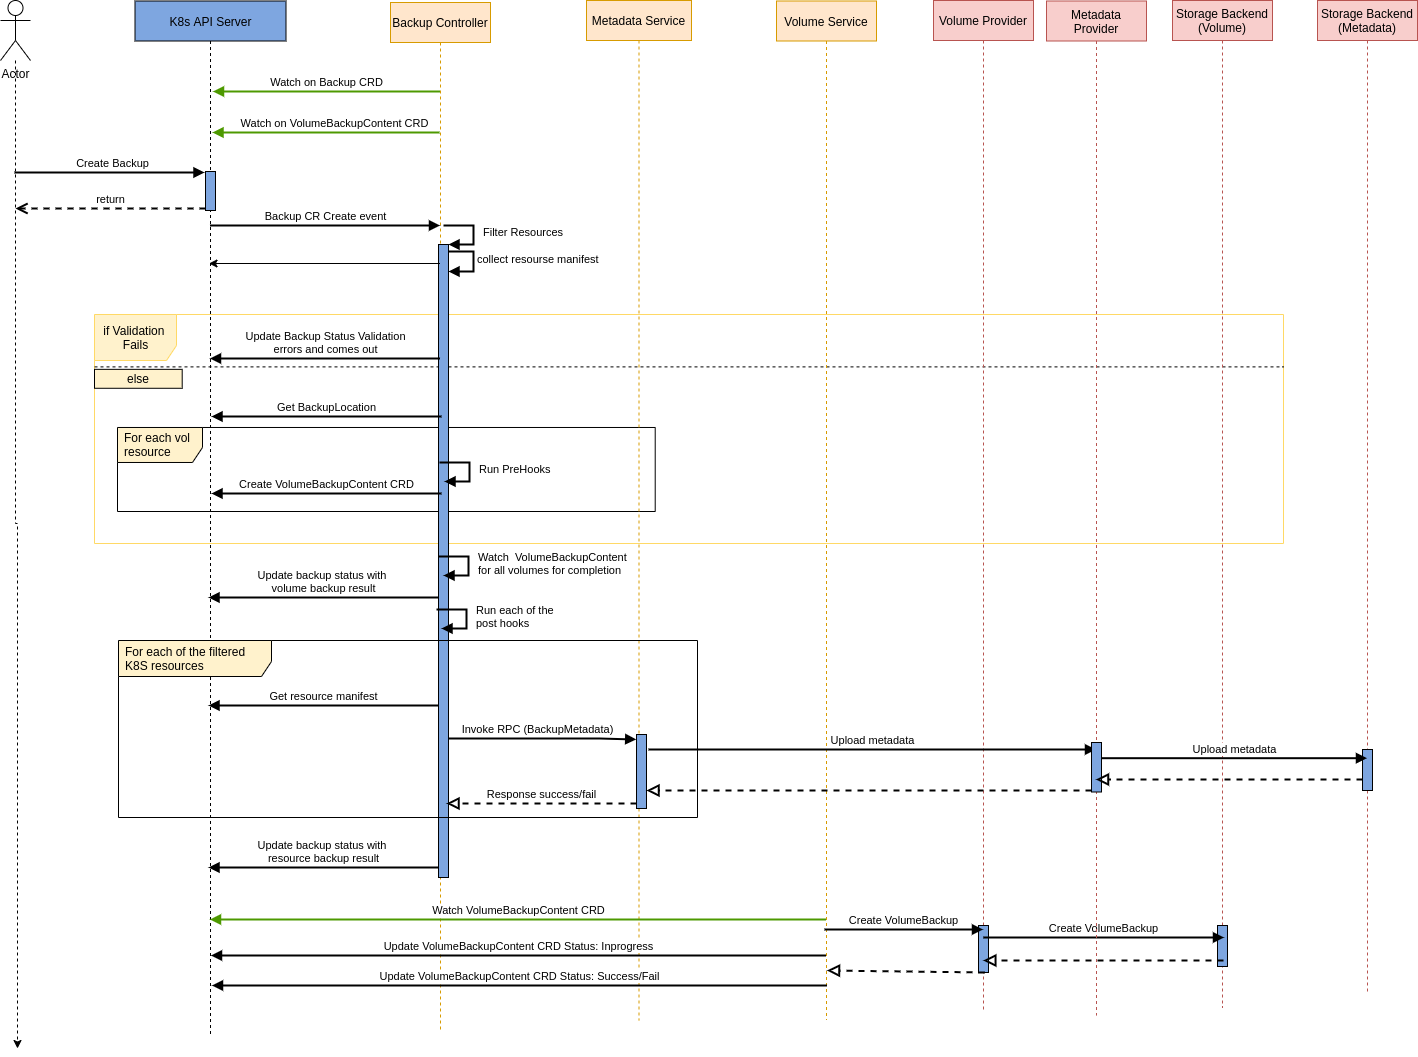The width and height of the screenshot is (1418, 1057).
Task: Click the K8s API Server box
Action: coord(210,21)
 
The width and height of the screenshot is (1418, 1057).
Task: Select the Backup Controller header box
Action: coord(440,23)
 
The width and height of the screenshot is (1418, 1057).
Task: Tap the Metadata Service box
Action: coord(638,21)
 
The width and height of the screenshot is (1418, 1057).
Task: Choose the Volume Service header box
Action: coord(826,22)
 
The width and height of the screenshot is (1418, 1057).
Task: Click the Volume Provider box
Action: coord(983,21)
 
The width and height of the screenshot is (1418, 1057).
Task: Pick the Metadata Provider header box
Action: coord(1096,22)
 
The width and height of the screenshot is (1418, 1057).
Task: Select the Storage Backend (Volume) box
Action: coord(1222,21)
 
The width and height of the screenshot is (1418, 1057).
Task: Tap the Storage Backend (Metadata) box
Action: coord(1367,21)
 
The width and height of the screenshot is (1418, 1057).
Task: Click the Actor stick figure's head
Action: coord(15,9)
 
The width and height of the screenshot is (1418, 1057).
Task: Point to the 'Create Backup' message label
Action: coord(112,163)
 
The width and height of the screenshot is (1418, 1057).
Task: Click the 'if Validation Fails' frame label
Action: coord(134,338)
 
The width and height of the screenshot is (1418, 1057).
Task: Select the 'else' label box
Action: coord(138,379)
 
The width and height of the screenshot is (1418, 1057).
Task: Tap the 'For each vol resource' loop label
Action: coord(158,445)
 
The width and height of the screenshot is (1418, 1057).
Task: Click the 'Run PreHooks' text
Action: coord(514,469)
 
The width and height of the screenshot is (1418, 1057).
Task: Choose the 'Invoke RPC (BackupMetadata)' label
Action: coord(537,729)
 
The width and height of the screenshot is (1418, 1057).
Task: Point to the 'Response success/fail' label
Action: coord(541,794)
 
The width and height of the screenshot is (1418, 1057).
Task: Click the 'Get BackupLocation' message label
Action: coord(326,407)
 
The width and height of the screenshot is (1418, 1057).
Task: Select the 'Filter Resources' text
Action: coord(522,232)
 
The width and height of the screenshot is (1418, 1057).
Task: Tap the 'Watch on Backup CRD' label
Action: coord(326,82)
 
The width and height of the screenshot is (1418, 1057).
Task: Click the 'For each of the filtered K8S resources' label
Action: coord(186,659)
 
